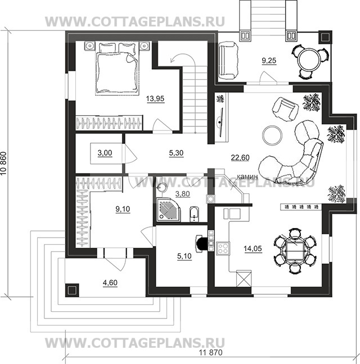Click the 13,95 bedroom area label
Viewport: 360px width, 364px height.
point(155,99)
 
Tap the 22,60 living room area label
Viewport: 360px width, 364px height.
point(240,158)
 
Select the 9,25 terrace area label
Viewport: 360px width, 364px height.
point(269,61)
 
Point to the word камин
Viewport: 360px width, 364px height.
point(247,176)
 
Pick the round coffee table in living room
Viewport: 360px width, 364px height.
point(272,135)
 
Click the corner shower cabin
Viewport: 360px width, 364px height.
point(169,210)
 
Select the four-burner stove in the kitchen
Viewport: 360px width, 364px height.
point(223,248)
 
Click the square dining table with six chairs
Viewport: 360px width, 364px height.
point(295,251)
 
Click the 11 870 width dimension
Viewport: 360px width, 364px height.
point(211,352)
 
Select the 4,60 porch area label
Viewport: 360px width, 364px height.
point(110,283)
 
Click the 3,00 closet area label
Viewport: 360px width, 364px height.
point(105,153)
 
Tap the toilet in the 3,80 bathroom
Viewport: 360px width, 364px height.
point(194,214)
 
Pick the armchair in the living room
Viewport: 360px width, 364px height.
point(286,108)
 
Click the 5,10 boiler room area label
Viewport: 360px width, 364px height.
point(184,256)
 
